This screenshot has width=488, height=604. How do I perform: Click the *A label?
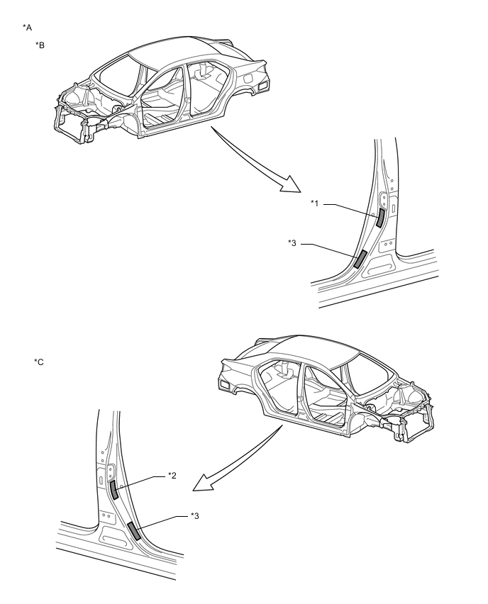28,27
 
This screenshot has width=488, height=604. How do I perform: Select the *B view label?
40,45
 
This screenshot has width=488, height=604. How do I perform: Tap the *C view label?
39,362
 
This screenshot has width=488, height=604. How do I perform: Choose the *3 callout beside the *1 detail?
292,244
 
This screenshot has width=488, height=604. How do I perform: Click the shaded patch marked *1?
380,216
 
